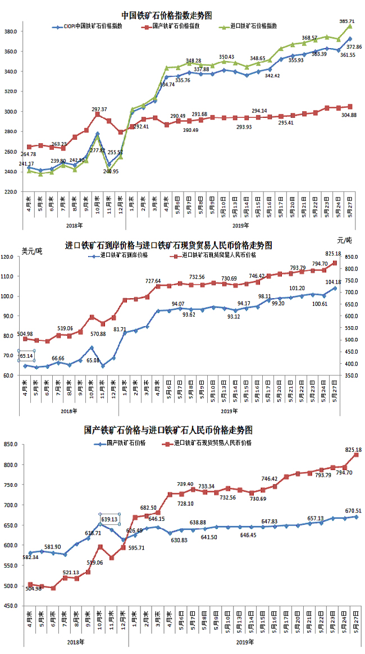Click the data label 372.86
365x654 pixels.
(355, 47)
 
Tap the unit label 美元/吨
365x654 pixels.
(31, 250)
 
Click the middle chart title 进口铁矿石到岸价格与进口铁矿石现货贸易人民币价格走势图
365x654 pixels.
(168, 246)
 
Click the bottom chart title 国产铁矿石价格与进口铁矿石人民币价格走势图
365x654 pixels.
(168, 430)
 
